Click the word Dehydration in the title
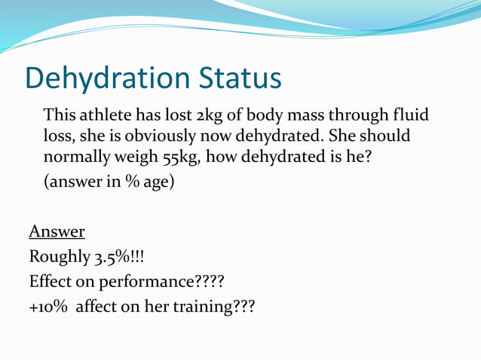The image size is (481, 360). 106,79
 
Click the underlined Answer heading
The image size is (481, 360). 57,230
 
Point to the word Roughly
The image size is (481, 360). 59,258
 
